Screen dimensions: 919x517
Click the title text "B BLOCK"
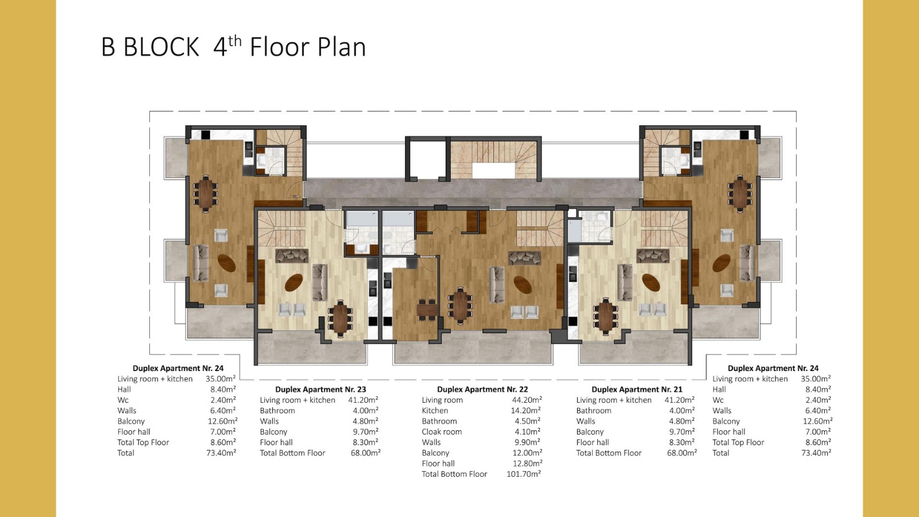coord(150,47)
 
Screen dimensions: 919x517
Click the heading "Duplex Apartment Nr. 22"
coord(482,389)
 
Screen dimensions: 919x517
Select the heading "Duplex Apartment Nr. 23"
coord(321,389)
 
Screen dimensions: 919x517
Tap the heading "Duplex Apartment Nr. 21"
coord(637,389)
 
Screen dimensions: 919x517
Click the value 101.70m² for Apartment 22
coord(524,474)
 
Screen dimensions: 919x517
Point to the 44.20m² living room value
coord(527,400)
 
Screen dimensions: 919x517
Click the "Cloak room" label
coord(442,431)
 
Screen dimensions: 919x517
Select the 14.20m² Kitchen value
coord(526,410)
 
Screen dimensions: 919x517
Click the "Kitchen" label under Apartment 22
coord(435,410)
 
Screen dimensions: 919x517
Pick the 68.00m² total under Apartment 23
coord(365,453)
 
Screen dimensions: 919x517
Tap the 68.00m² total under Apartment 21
coord(682,453)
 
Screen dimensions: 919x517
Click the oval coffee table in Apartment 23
coord(294,282)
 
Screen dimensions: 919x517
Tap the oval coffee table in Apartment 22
coord(522,284)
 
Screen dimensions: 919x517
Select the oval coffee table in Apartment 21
coord(651,282)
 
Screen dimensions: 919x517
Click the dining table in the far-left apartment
coord(205,194)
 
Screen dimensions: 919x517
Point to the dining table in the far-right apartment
coord(740,194)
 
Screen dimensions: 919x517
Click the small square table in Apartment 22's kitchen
coord(427,308)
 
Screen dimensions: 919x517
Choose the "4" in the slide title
coord(220,48)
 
